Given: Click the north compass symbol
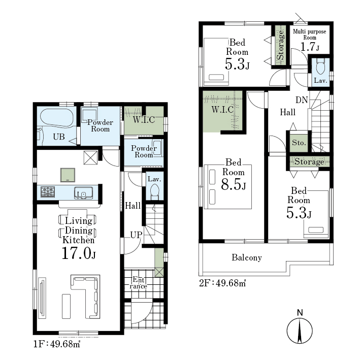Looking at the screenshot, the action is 300,330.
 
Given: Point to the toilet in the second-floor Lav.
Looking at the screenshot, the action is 320,66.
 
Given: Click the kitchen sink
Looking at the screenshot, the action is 84,192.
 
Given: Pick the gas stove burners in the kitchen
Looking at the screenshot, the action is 48,192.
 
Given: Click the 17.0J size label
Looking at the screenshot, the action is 79,253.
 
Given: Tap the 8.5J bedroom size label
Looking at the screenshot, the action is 234,184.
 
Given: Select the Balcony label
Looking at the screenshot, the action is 247,257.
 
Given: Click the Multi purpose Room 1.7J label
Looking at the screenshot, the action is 310,41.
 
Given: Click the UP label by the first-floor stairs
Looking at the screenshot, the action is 136,235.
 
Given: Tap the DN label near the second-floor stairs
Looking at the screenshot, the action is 302,100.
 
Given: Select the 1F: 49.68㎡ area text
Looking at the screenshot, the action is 57,344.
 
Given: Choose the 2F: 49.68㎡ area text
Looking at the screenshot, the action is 222,283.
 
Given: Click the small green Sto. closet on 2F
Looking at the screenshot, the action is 299,143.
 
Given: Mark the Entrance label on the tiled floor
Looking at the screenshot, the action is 138,283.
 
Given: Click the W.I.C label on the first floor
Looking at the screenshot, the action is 144,120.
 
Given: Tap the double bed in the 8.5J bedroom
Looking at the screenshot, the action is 228,187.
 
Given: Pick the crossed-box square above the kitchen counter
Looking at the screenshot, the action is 90,158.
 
